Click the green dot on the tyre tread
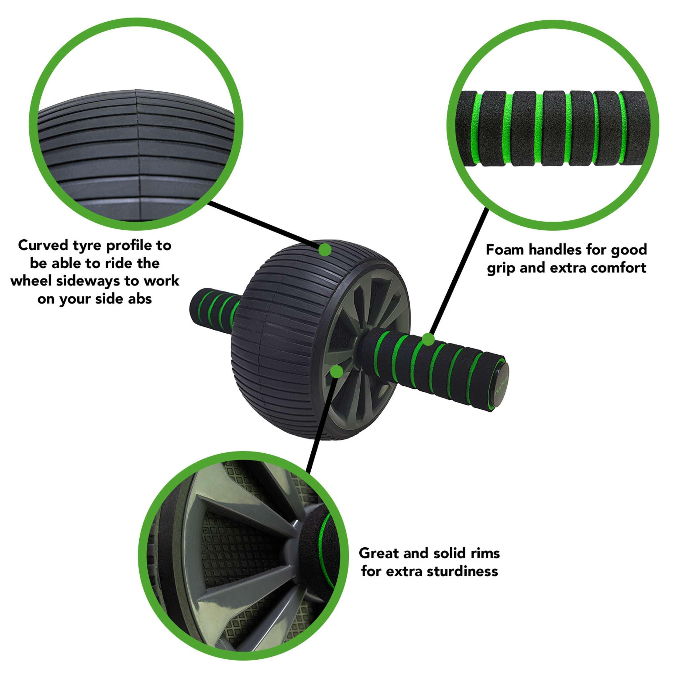325,249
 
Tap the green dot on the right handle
428,339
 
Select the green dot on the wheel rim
336,372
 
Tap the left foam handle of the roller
214,301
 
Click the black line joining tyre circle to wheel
263,225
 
